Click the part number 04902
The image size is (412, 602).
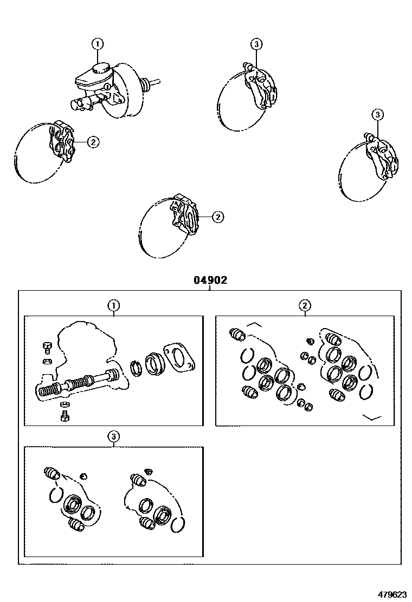point(210,280)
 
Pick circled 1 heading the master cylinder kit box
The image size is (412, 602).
point(113,306)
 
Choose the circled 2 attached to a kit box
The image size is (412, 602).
point(305,306)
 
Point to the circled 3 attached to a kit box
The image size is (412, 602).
point(113,436)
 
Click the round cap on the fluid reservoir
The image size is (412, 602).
point(101,68)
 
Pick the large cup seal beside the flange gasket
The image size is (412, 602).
point(154,362)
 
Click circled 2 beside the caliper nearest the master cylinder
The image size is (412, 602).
point(93,142)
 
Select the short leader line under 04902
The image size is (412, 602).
point(210,288)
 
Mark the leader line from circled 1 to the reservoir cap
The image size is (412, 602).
point(98,55)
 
